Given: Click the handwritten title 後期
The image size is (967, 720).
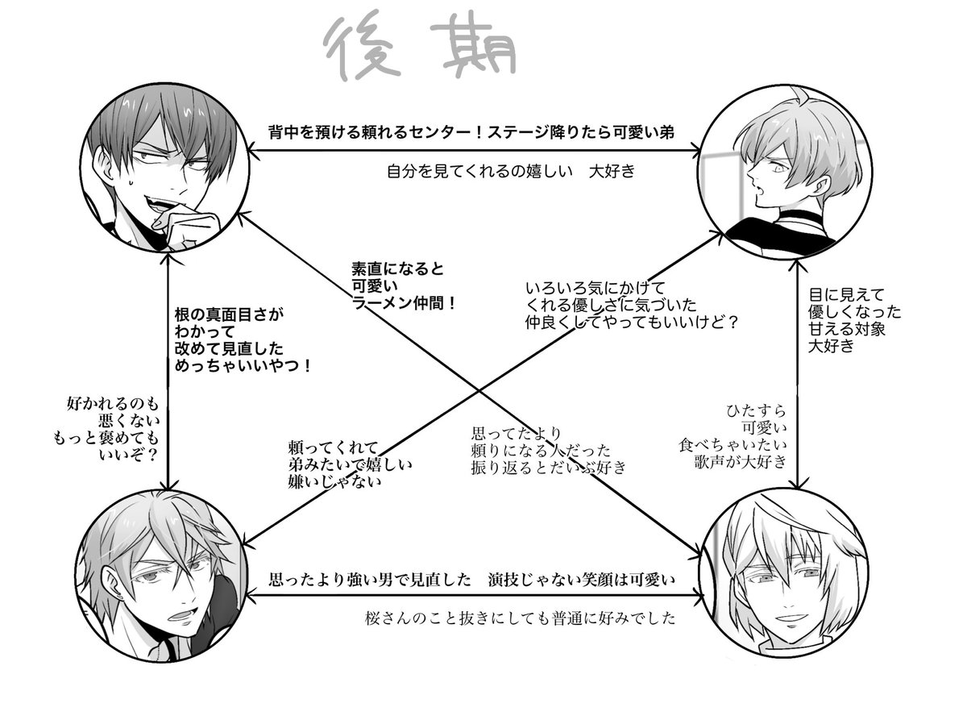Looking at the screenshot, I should point(419,48).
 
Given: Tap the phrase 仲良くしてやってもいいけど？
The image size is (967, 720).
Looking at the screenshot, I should point(633,322).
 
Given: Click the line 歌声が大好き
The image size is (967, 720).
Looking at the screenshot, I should point(741,463).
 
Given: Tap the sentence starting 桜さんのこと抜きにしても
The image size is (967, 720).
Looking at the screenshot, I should point(519,620).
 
